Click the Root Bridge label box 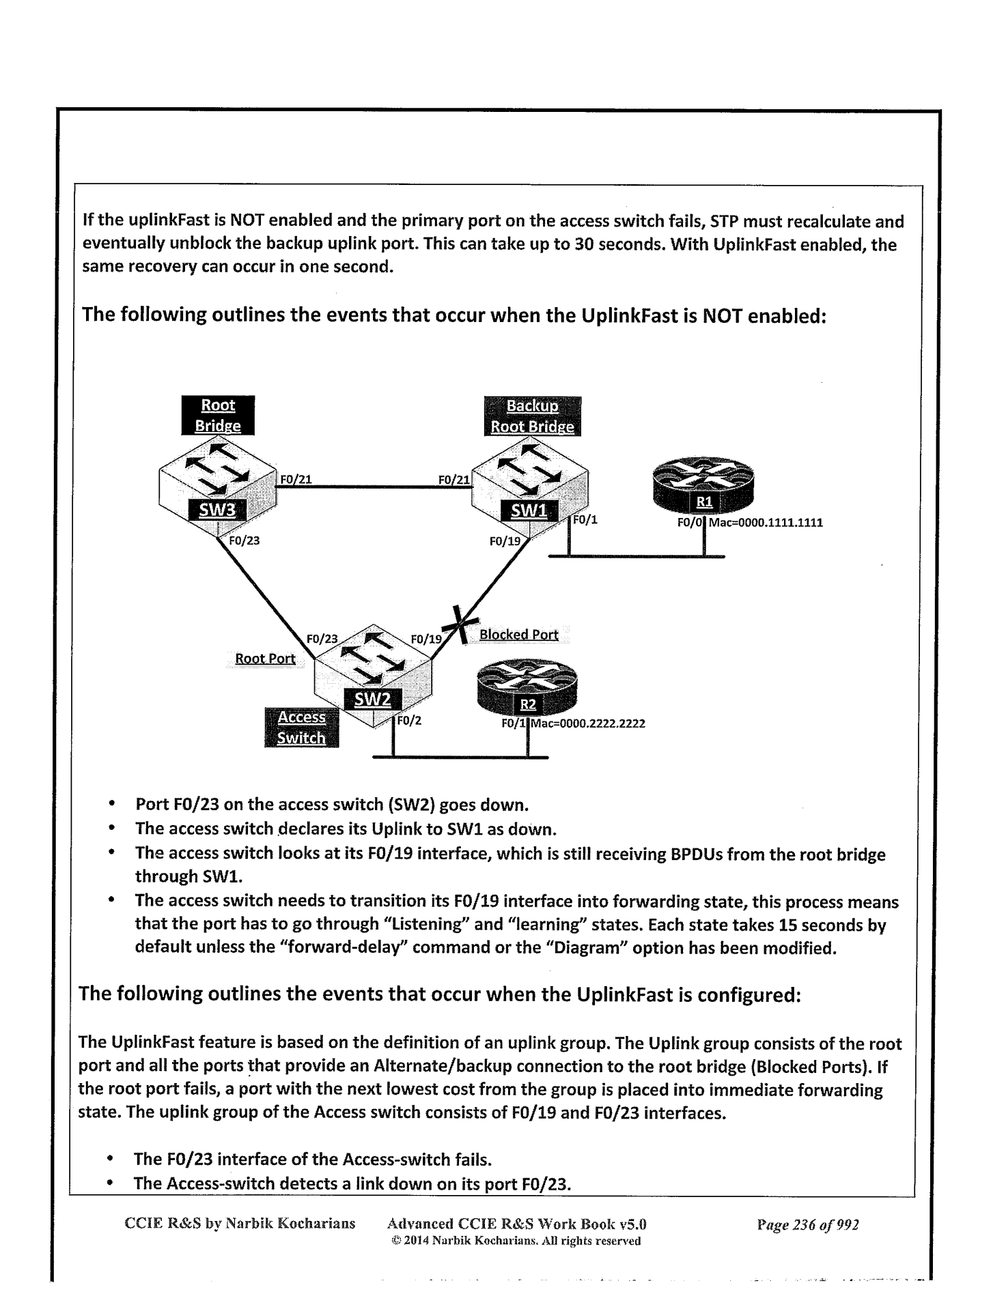tap(218, 415)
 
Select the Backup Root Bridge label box tap(532, 416)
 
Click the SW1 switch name tap(529, 511)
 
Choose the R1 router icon tap(703, 487)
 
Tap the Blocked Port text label tap(518, 635)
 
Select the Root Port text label tap(265, 659)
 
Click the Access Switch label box tap(301, 728)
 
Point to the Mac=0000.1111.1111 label tap(766, 523)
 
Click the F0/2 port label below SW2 tap(408, 720)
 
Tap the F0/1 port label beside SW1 tap(585, 520)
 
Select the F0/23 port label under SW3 tap(244, 541)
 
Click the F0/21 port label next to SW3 tap(296, 479)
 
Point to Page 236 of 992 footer tap(807, 1224)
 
